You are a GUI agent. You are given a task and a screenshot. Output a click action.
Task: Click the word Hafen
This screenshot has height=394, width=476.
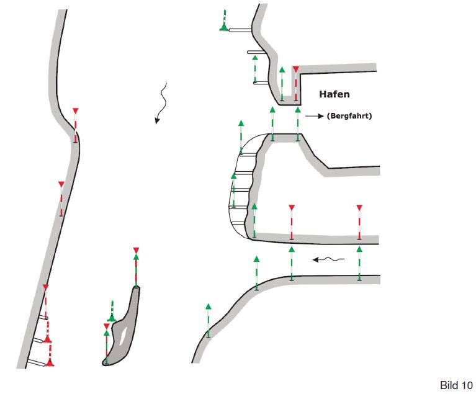(334, 94)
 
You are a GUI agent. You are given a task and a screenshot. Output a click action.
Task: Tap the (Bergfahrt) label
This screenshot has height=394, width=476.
(349, 115)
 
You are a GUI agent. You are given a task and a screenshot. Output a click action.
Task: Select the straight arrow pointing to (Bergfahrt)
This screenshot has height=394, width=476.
(315, 115)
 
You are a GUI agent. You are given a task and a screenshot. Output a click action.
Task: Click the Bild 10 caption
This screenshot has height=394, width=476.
(456, 385)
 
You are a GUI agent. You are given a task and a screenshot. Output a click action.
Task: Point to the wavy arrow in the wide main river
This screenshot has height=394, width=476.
(161, 103)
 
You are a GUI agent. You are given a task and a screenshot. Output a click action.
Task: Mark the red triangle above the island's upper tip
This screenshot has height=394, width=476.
(136, 250)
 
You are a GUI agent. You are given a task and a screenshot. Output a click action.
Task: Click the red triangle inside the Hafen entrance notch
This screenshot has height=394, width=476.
(296, 69)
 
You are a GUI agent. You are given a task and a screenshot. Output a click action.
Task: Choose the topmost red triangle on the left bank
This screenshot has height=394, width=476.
(76, 111)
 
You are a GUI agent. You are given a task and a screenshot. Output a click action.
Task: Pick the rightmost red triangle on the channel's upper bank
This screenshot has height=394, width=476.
(359, 207)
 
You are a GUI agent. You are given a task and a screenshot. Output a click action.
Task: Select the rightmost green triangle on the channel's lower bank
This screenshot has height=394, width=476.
(359, 248)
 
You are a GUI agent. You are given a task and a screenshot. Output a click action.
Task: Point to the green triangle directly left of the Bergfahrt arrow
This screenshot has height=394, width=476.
(298, 109)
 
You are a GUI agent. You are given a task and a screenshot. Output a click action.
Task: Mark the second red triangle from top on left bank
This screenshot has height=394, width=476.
(61, 184)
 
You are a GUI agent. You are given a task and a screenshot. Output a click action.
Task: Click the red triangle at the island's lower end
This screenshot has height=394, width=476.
(106, 326)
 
